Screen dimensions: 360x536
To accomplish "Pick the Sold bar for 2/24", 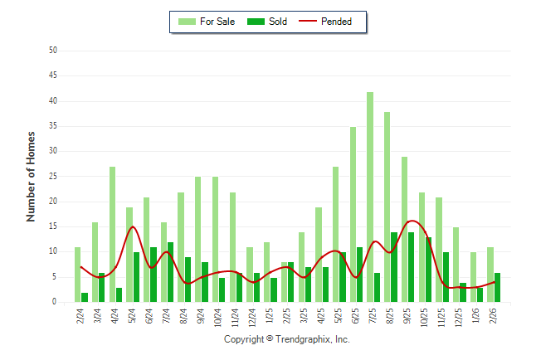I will [85, 297].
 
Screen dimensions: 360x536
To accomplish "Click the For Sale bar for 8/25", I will [387, 207].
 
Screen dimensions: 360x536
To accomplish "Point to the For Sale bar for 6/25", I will [353, 215].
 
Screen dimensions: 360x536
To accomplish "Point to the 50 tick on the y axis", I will [53, 51].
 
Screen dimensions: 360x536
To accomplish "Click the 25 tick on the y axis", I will [53, 177].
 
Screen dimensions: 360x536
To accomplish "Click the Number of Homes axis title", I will [32, 176].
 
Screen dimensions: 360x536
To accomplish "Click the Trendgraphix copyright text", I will [287, 339].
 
